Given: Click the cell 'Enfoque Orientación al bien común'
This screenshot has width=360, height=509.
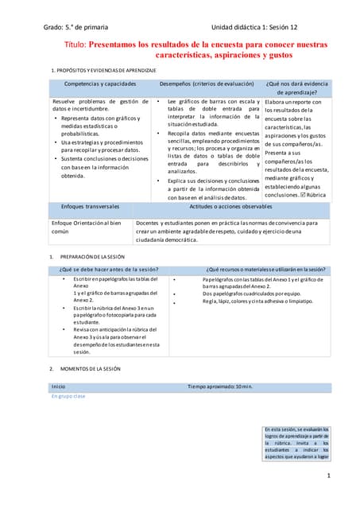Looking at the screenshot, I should point(86,227).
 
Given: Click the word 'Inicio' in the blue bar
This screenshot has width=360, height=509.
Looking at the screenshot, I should point(59,386).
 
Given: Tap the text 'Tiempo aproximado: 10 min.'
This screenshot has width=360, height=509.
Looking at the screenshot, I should point(220,386).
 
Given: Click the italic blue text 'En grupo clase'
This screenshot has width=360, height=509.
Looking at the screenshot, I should point(68,395).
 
